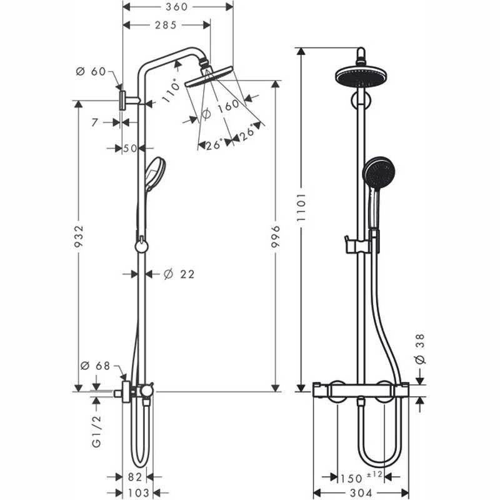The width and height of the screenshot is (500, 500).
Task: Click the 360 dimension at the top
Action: click(x=177, y=7)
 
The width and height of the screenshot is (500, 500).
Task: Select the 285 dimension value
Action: click(x=166, y=25)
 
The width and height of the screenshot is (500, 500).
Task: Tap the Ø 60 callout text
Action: click(x=91, y=71)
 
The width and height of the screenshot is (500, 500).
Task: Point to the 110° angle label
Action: click(x=171, y=90)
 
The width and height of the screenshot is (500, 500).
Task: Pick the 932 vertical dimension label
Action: click(x=78, y=236)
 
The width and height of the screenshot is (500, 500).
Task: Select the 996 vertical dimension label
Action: click(x=275, y=236)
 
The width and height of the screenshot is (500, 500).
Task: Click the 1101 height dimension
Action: click(x=301, y=207)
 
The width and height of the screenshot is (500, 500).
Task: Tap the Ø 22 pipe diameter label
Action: click(x=179, y=274)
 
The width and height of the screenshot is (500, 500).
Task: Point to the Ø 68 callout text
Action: click(x=96, y=366)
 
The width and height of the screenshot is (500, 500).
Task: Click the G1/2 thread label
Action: click(x=97, y=431)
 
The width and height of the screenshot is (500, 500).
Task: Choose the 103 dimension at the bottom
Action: click(x=138, y=492)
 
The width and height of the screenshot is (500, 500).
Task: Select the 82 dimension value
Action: click(x=134, y=477)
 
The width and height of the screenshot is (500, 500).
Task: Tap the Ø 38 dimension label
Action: click(x=421, y=349)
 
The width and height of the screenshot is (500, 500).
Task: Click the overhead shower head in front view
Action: click(x=363, y=76)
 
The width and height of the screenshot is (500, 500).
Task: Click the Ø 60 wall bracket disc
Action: click(x=122, y=101)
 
